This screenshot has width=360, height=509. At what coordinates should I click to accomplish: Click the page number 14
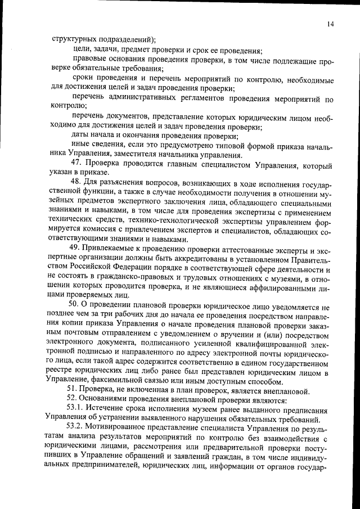pos(330,24)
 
